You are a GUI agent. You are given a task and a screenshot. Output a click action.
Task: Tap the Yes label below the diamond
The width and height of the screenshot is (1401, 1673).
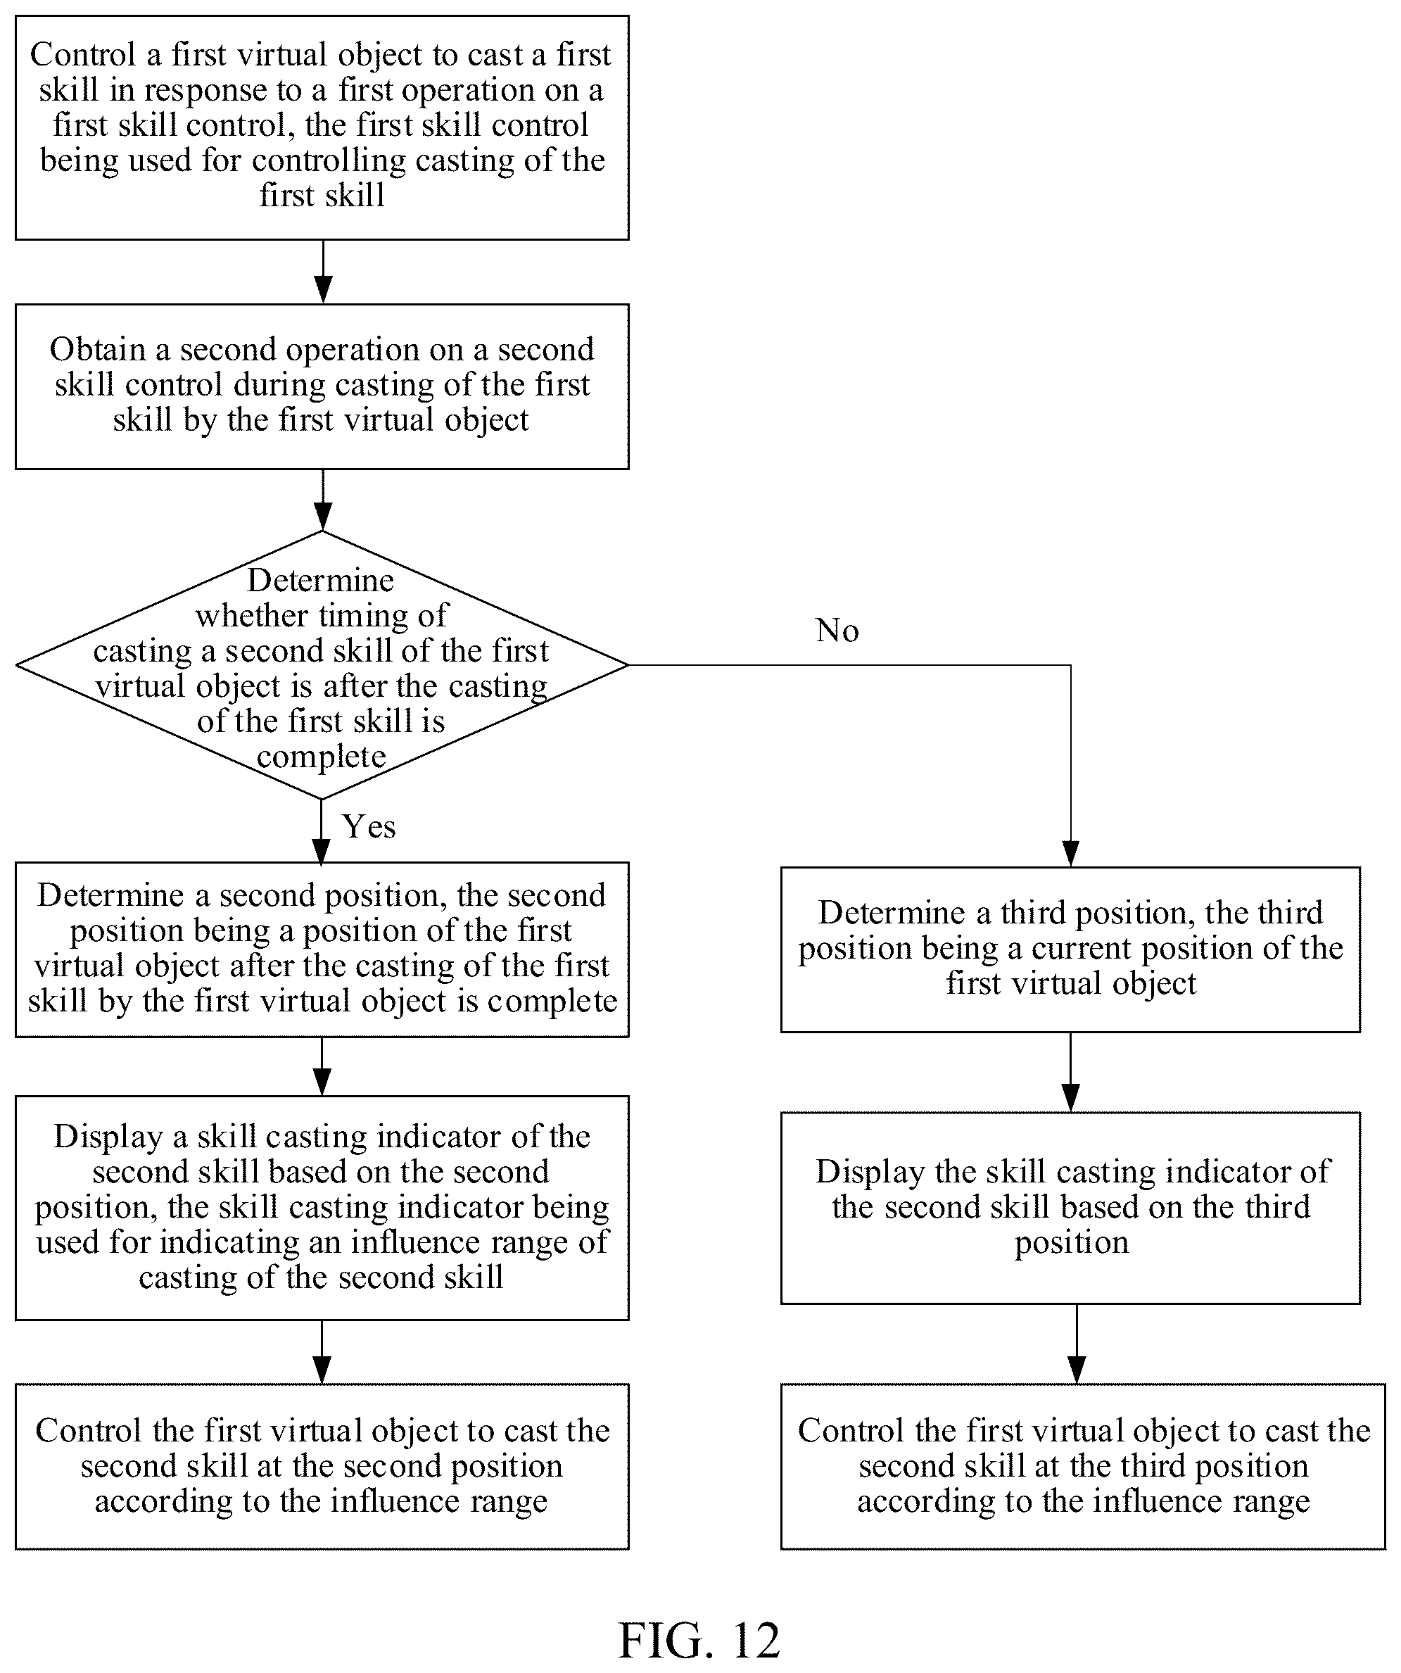click(369, 826)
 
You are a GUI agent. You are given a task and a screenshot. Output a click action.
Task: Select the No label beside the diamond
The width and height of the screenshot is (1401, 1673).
click(837, 630)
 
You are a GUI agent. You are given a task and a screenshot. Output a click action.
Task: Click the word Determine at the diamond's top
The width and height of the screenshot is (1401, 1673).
click(320, 580)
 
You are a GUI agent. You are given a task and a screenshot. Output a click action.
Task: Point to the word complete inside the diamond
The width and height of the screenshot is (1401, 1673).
click(321, 756)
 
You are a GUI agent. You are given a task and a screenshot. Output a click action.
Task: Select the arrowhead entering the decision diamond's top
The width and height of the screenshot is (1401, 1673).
click(322, 517)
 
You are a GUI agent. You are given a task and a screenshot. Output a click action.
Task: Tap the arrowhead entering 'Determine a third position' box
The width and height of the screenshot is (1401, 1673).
click(1070, 853)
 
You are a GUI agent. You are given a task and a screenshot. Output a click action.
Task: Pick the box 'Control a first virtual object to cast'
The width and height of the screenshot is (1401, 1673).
click(322, 127)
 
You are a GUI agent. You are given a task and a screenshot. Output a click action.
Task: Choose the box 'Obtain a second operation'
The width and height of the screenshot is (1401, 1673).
click(322, 386)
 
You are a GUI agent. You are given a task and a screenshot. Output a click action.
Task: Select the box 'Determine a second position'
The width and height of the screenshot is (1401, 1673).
click(322, 949)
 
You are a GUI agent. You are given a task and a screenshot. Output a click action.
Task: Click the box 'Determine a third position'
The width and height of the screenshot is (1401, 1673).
click(1070, 949)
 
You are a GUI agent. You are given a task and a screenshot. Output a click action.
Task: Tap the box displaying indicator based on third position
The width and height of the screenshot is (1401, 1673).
click(1070, 1208)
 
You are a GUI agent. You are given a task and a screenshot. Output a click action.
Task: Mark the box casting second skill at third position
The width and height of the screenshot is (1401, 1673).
click(1083, 1467)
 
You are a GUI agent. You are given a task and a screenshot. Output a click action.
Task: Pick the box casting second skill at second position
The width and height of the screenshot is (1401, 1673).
click(322, 1467)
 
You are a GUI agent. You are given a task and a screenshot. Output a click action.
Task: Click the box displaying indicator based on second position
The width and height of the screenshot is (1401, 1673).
click(322, 1208)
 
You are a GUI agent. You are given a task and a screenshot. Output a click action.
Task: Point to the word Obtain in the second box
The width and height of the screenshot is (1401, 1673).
click(98, 350)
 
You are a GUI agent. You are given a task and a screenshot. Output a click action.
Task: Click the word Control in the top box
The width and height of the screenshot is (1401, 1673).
click(83, 55)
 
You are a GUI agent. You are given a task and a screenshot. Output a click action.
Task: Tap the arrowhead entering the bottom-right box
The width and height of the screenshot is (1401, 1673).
click(1077, 1370)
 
